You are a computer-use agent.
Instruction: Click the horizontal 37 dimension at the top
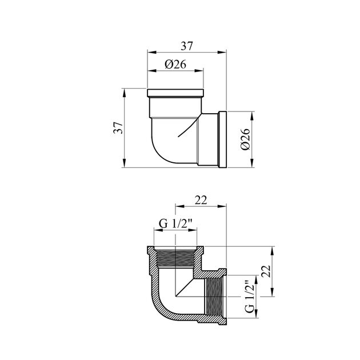click(187, 45)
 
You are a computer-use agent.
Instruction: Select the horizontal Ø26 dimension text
click(175, 64)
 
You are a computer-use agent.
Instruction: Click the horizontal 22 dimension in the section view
click(200, 200)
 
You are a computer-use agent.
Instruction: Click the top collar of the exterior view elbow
click(175, 93)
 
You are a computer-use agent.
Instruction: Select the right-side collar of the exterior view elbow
click(223, 139)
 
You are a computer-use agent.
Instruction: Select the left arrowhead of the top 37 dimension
click(150, 53)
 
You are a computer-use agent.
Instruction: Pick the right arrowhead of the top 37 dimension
click(225, 53)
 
